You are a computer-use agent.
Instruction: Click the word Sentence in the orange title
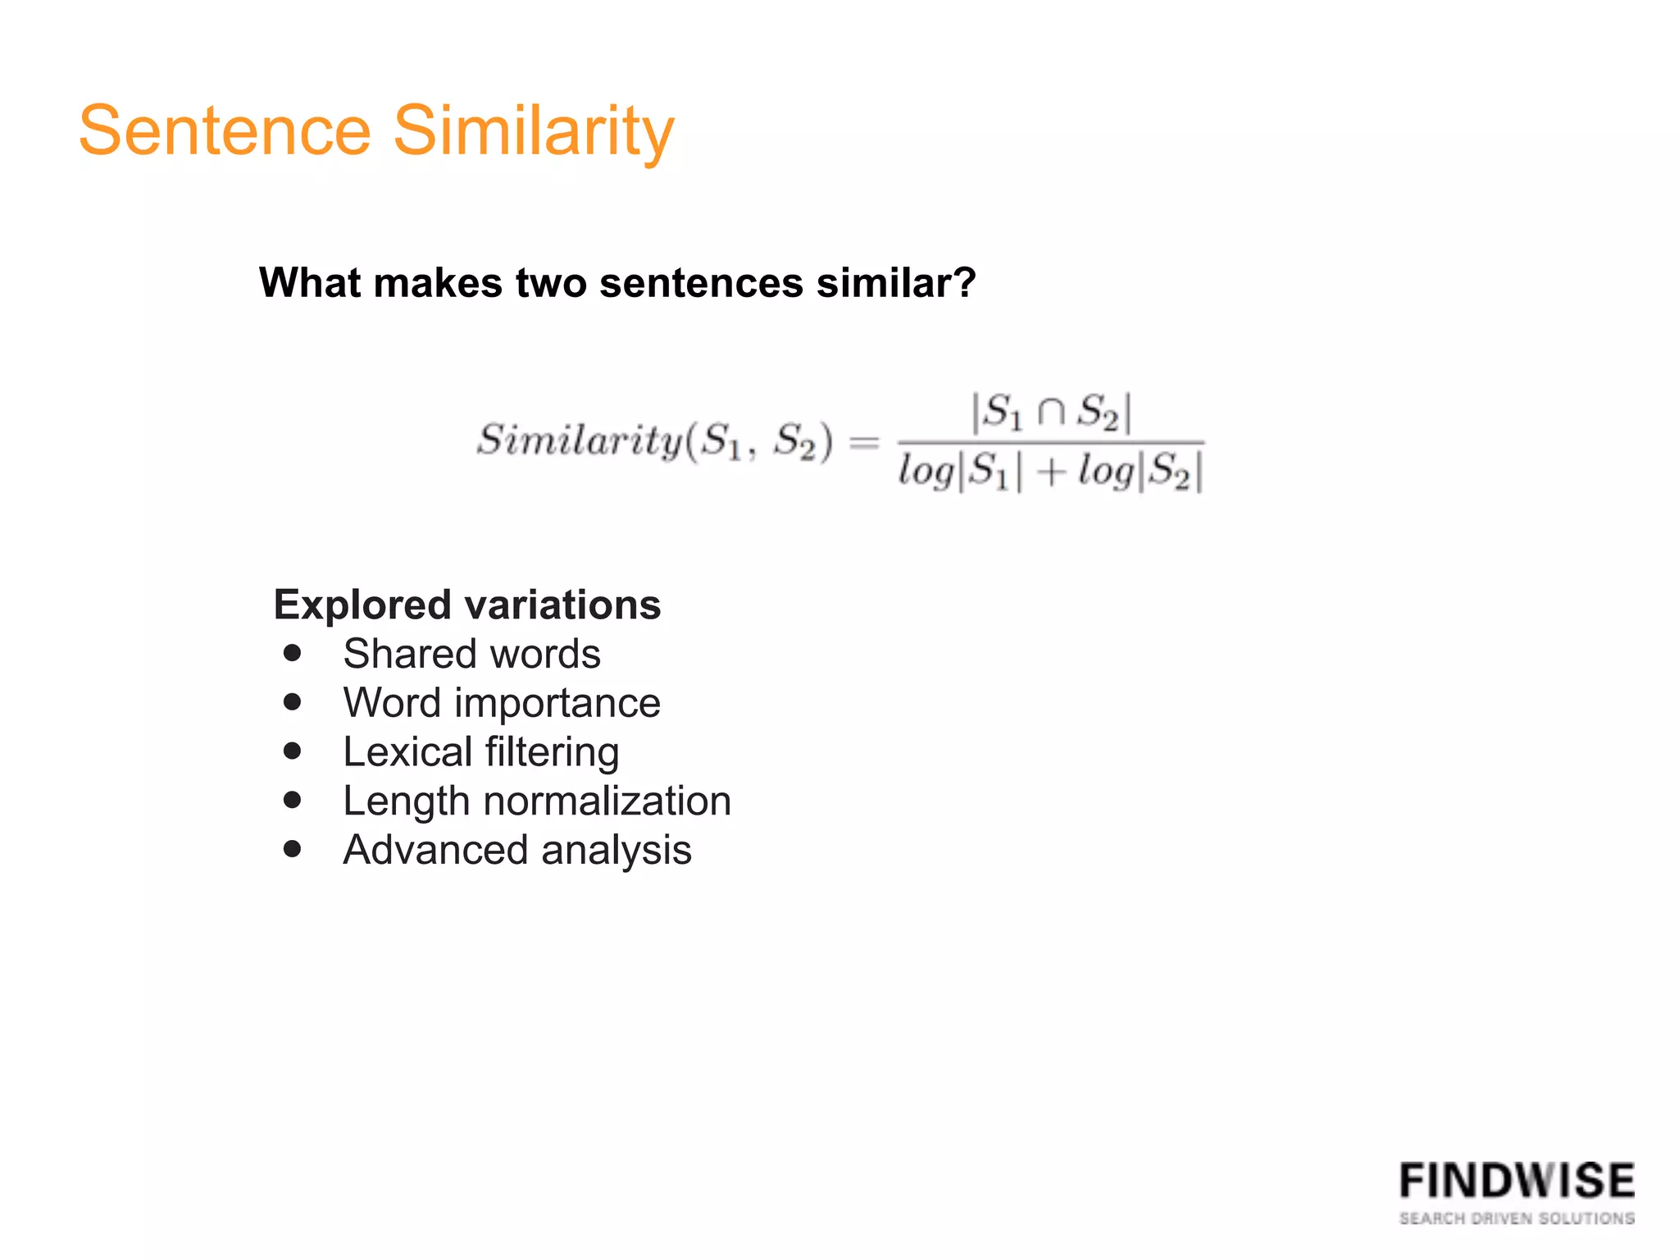[225, 131]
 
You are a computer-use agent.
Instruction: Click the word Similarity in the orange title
[534, 131]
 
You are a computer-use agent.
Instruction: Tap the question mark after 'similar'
[965, 283]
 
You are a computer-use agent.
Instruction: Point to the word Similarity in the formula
[580, 441]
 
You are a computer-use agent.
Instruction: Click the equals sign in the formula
[864, 443]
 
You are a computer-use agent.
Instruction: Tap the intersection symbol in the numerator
[1052, 412]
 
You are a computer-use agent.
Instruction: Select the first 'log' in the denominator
[926, 472]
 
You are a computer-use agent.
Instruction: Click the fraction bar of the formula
[1052, 443]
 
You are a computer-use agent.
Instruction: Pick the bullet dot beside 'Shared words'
[293, 654]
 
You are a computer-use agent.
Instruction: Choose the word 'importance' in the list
[557, 703]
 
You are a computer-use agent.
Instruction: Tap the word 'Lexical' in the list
[407, 752]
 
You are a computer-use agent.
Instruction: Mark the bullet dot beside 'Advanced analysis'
[293, 849]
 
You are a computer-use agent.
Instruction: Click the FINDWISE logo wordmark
[1517, 1181]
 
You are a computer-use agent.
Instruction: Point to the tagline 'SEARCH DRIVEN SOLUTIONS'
[1517, 1218]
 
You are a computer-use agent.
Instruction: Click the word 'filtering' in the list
[552, 752]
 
